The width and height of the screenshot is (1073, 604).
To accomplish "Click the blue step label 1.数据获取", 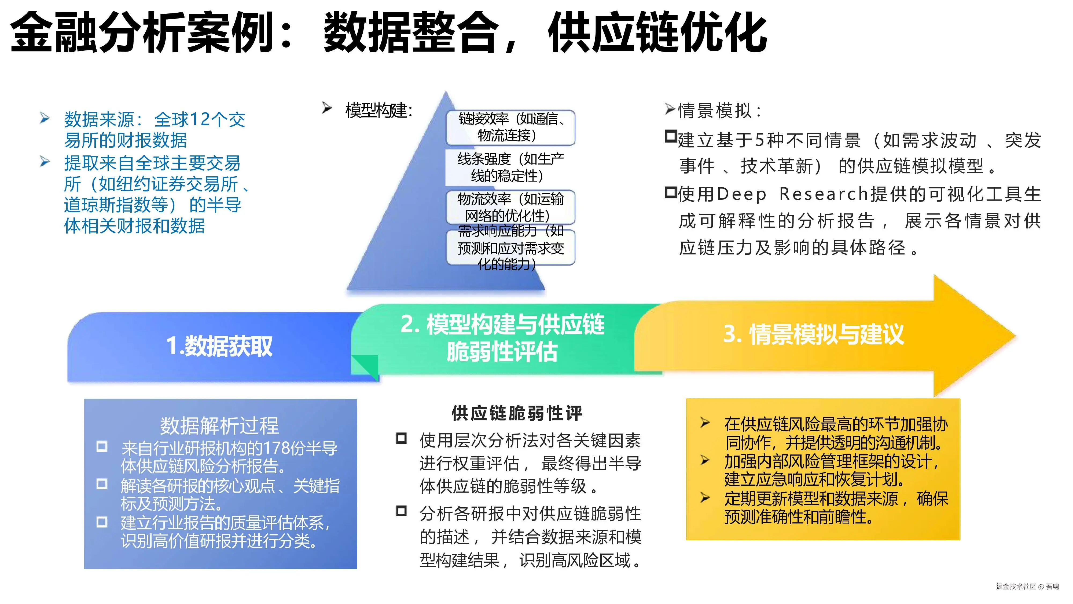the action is click(219, 346).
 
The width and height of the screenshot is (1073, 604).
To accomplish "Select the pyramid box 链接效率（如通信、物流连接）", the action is click(510, 127).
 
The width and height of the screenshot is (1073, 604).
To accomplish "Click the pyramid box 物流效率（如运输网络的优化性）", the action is click(510, 207).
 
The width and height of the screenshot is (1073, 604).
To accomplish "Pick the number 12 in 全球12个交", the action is click(200, 120).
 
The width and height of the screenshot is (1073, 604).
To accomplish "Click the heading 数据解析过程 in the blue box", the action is click(219, 425).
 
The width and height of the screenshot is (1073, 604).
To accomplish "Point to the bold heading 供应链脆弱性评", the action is click(516, 413).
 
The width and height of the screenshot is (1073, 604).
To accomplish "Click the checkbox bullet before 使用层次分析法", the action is click(401, 439).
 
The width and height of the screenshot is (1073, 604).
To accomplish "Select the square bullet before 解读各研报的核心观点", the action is click(102, 484).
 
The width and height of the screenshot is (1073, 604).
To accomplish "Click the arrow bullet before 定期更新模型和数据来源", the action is click(705, 498).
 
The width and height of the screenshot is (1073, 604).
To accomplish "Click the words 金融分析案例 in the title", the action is click(142, 32).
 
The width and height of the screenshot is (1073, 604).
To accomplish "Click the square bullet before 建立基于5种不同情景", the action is click(671, 137).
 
